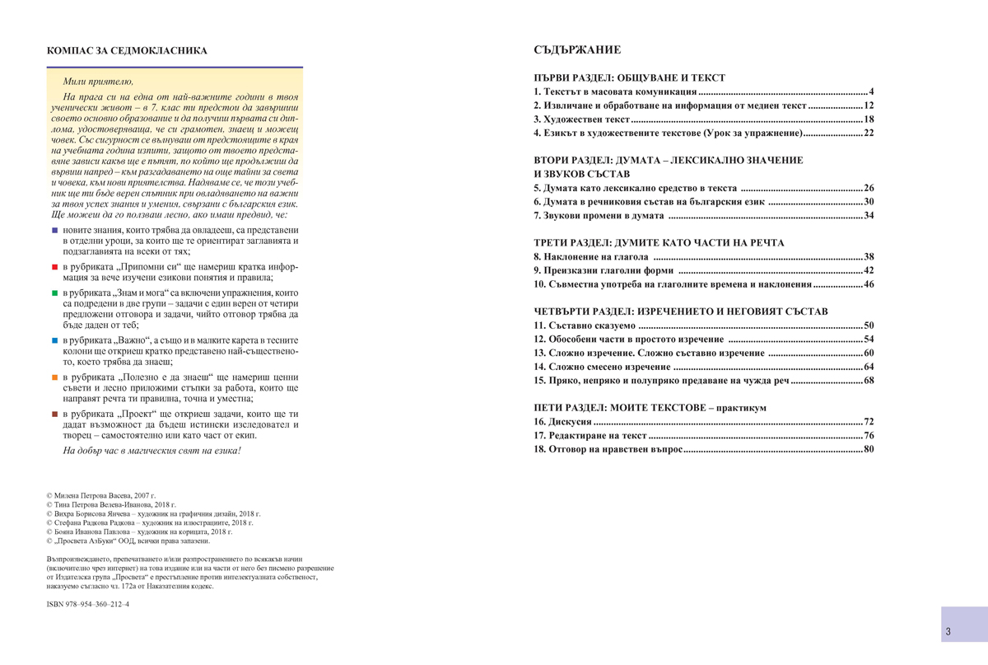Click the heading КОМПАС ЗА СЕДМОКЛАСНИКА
coord(128,51)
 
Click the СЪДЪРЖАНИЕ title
coord(577,50)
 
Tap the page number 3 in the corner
coord(948,632)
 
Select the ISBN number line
coord(88,604)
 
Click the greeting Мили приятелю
coord(97,82)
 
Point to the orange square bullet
coord(54,377)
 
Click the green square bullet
coord(54,293)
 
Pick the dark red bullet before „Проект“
coord(54,414)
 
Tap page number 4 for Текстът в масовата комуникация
coord(870,91)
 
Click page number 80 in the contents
coord(868,449)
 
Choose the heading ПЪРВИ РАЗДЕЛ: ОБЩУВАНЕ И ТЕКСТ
coord(629,77)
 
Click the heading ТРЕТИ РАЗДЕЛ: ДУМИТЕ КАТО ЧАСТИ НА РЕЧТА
coord(659,243)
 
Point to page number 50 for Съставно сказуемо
coord(868,325)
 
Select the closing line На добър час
coord(152,451)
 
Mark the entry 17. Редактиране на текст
coord(590,435)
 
